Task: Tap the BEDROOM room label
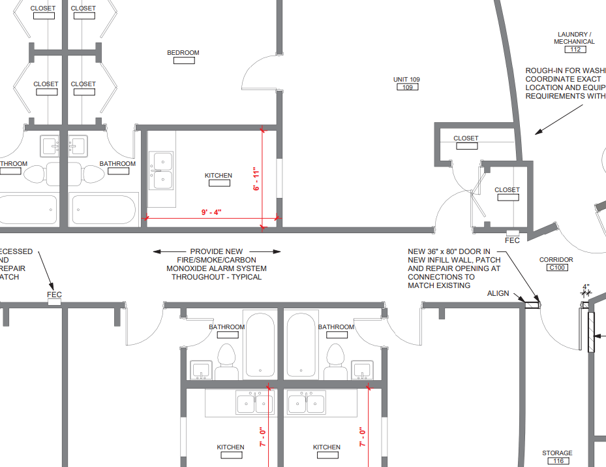click(183, 53)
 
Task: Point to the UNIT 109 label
click(406, 80)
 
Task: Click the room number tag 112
click(575, 50)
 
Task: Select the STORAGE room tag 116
click(558, 461)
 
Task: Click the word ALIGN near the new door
click(498, 294)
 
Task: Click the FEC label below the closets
click(513, 240)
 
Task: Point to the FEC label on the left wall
click(54, 295)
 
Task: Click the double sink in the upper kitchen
click(160, 170)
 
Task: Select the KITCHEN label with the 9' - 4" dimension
click(219, 176)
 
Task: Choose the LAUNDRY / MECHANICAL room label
click(574, 38)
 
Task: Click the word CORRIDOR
click(556, 260)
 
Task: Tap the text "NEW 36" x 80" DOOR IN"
click(449, 251)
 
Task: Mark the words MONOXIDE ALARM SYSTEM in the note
click(217, 268)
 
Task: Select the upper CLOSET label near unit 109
click(466, 138)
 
